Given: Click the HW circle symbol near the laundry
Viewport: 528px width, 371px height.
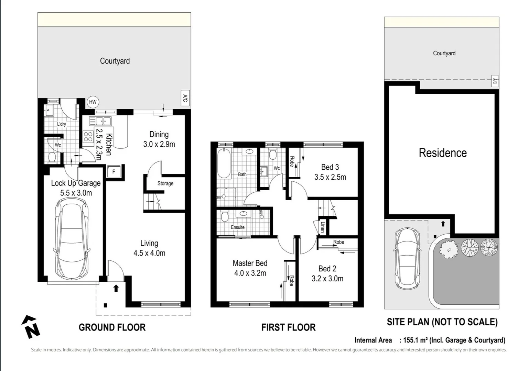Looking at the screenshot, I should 93,102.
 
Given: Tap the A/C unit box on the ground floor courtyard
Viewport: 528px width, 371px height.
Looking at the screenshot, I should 185,98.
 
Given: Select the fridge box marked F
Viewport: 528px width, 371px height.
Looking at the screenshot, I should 114,171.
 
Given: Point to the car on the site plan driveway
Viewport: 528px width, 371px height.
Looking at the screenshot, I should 407,259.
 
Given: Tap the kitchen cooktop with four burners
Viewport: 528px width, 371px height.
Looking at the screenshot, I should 88,136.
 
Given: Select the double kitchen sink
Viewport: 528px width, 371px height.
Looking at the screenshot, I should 100,121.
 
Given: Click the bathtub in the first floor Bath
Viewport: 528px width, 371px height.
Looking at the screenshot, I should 224,164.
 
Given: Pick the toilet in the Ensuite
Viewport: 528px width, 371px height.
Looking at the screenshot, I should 225,217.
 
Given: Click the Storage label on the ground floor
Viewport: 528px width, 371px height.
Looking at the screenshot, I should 165,183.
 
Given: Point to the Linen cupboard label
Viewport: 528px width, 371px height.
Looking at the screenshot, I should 323,227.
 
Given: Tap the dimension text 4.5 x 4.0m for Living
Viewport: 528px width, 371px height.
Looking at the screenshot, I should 149,253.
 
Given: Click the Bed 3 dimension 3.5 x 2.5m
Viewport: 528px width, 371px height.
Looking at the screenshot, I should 330,177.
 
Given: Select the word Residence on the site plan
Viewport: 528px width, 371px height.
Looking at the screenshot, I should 442,153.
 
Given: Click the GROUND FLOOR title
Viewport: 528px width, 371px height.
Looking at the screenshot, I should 112,327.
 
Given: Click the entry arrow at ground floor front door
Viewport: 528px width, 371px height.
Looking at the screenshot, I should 116,289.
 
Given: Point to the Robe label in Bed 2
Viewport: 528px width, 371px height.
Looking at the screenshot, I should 338,242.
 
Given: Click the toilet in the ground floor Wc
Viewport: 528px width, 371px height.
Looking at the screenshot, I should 52,157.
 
